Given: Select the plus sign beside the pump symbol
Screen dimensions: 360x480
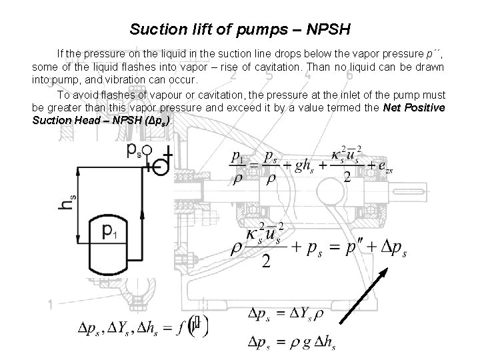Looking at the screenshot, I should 169,154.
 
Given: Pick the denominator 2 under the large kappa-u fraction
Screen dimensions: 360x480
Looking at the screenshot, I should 266,262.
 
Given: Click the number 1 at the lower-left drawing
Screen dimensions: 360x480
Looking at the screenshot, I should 50,305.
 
